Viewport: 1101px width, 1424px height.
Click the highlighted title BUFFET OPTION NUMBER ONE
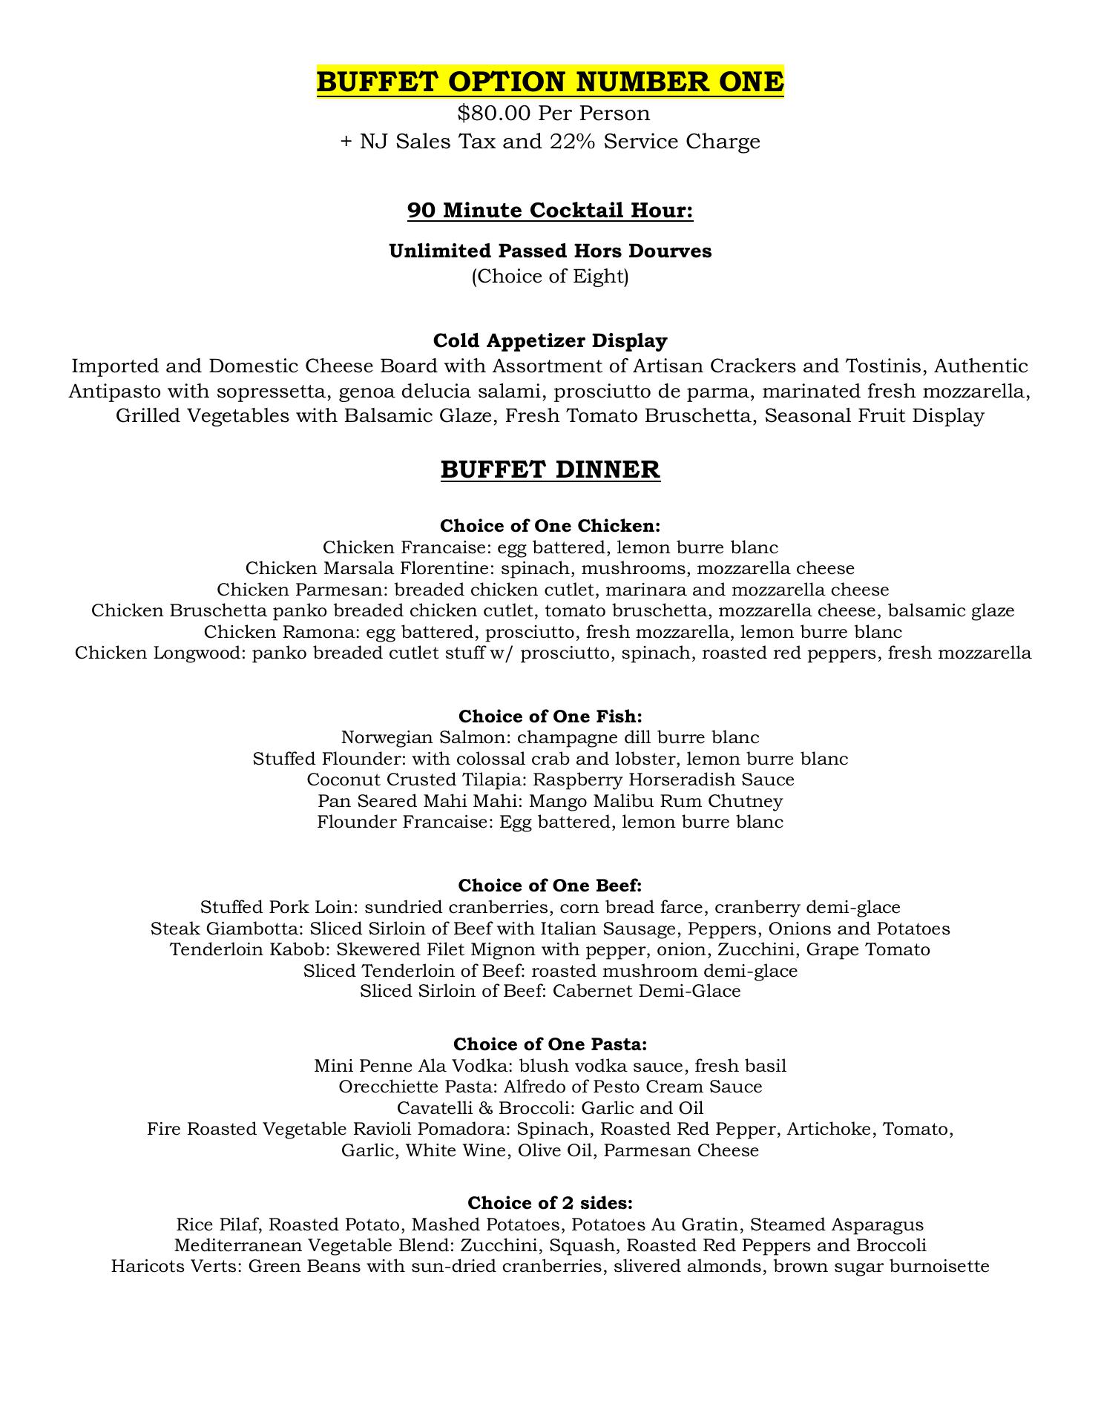click(x=550, y=82)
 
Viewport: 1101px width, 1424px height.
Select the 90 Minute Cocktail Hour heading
click(x=550, y=211)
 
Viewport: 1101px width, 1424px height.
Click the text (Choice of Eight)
click(x=550, y=277)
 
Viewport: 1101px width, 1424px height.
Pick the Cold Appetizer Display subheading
click(x=550, y=341)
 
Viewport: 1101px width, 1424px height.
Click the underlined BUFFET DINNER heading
click(x=550, y=469)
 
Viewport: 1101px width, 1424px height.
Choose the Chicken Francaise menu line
click(x=550, y=548)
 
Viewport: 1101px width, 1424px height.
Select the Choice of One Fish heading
click(x=550, y=716)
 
